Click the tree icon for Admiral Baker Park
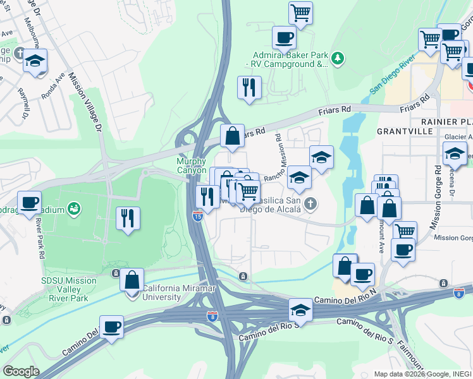click(x=338, y=58)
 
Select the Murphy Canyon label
click(x=191, y=165)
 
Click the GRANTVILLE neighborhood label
click(x=404, y=131)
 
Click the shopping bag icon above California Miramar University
click(x=132, y=279)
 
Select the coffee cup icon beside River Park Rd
click(x=29, y=202)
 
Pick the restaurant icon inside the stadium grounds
click(x=128, y=218)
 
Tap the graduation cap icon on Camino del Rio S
click(x=301, y=310)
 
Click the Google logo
click(x=21, y=371)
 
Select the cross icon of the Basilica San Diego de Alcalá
click(x=309, y=203)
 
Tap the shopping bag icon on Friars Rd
click(x=232, y=135)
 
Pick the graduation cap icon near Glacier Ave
click(x=454, y=153)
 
